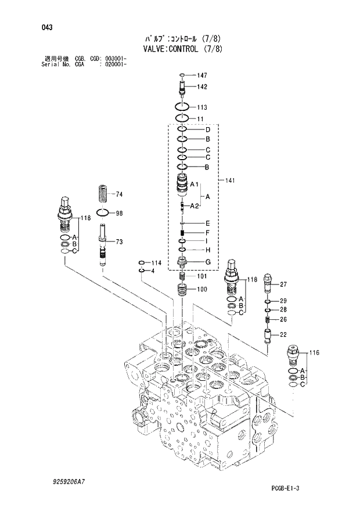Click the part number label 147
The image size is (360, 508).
[202, 75]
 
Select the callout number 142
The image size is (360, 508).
[202, 87]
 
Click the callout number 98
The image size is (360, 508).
[119, 214]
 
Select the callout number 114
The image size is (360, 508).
[157, 263]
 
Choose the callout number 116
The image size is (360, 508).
[314, 352]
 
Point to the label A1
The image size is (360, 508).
[195, 184]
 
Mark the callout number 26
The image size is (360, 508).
[283, 319]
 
